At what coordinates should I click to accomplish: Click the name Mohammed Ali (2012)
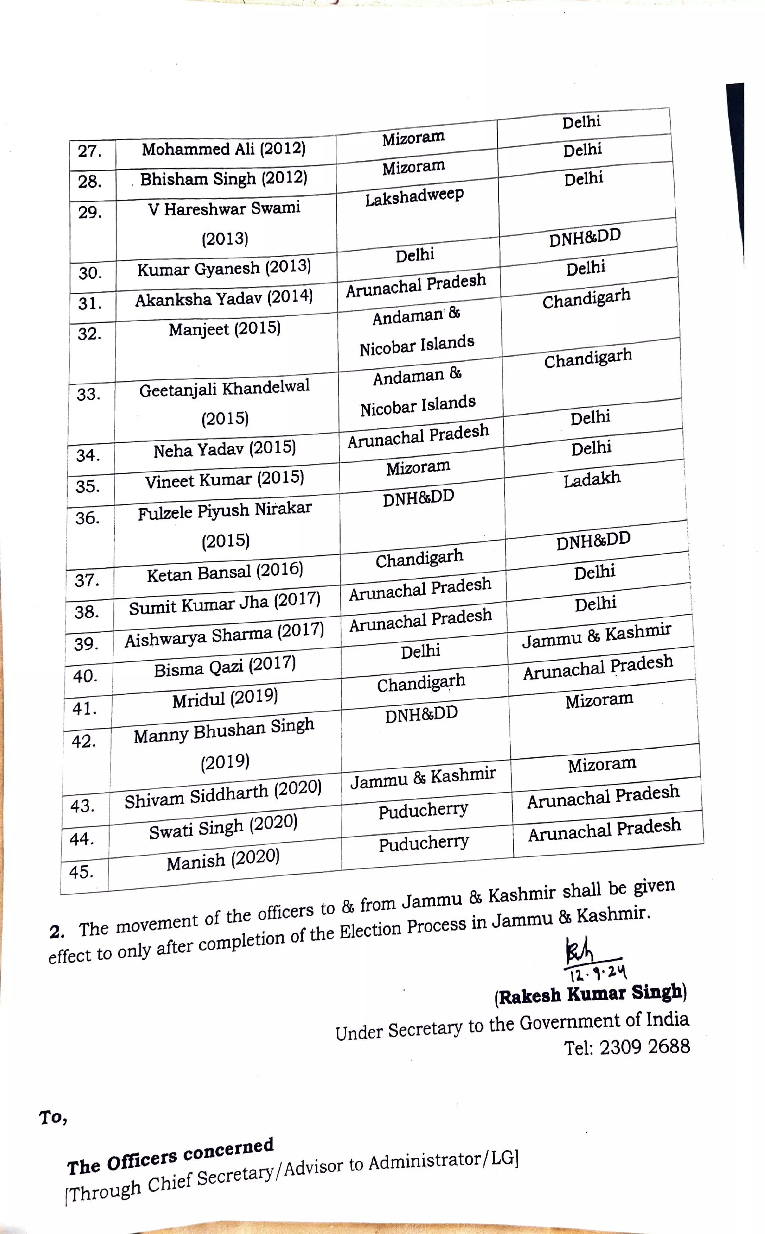(224, 149)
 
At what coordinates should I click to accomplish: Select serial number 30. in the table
(90, 273)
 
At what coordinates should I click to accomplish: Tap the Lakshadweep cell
(414, 197)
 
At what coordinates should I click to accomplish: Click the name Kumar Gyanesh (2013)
(224, 268)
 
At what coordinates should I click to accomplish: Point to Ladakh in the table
(592, 479)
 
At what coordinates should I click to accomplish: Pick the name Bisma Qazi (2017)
(225, 666)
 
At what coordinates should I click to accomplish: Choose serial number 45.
(82, 872)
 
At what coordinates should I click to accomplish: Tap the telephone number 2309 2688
(644, 1046)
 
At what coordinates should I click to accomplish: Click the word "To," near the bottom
(53, 1117)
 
